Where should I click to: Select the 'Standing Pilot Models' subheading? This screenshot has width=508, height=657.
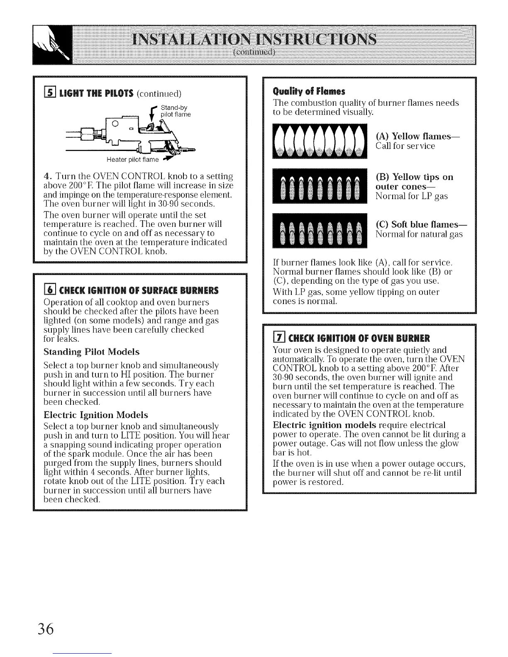click(x=91, y=352)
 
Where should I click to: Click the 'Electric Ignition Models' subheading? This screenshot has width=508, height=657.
click(x=95, y=415)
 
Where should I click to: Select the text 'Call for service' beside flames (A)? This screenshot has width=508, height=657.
click(x=405, y=146)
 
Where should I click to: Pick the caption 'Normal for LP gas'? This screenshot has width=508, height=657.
click(x=411, y=196)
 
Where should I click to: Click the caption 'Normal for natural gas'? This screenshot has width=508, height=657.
click(x=418, y=234)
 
